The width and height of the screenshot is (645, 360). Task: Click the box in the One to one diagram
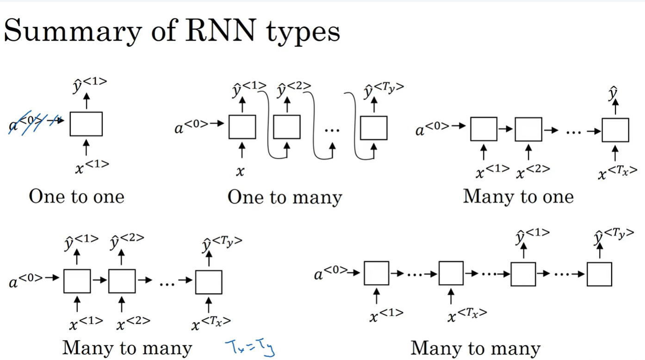[86, 124]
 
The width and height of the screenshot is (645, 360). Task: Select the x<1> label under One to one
[92, 167]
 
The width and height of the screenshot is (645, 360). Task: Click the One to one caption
[76, 197]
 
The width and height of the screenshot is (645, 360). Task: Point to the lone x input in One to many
[240, 171]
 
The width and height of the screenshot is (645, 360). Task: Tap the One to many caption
[285, 198]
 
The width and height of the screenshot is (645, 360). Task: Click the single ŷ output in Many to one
[614, 93]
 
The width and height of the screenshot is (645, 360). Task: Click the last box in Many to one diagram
[615, 130]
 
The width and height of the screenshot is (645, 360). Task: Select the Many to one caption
[518, 197]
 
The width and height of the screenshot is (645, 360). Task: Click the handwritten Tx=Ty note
[250, 348]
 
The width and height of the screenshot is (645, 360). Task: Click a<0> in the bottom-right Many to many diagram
[330, 274]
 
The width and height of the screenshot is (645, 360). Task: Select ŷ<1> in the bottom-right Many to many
[532, 235]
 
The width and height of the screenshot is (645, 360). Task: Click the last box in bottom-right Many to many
[599, 274]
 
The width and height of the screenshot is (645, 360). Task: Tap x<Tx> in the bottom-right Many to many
[467, 315]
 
